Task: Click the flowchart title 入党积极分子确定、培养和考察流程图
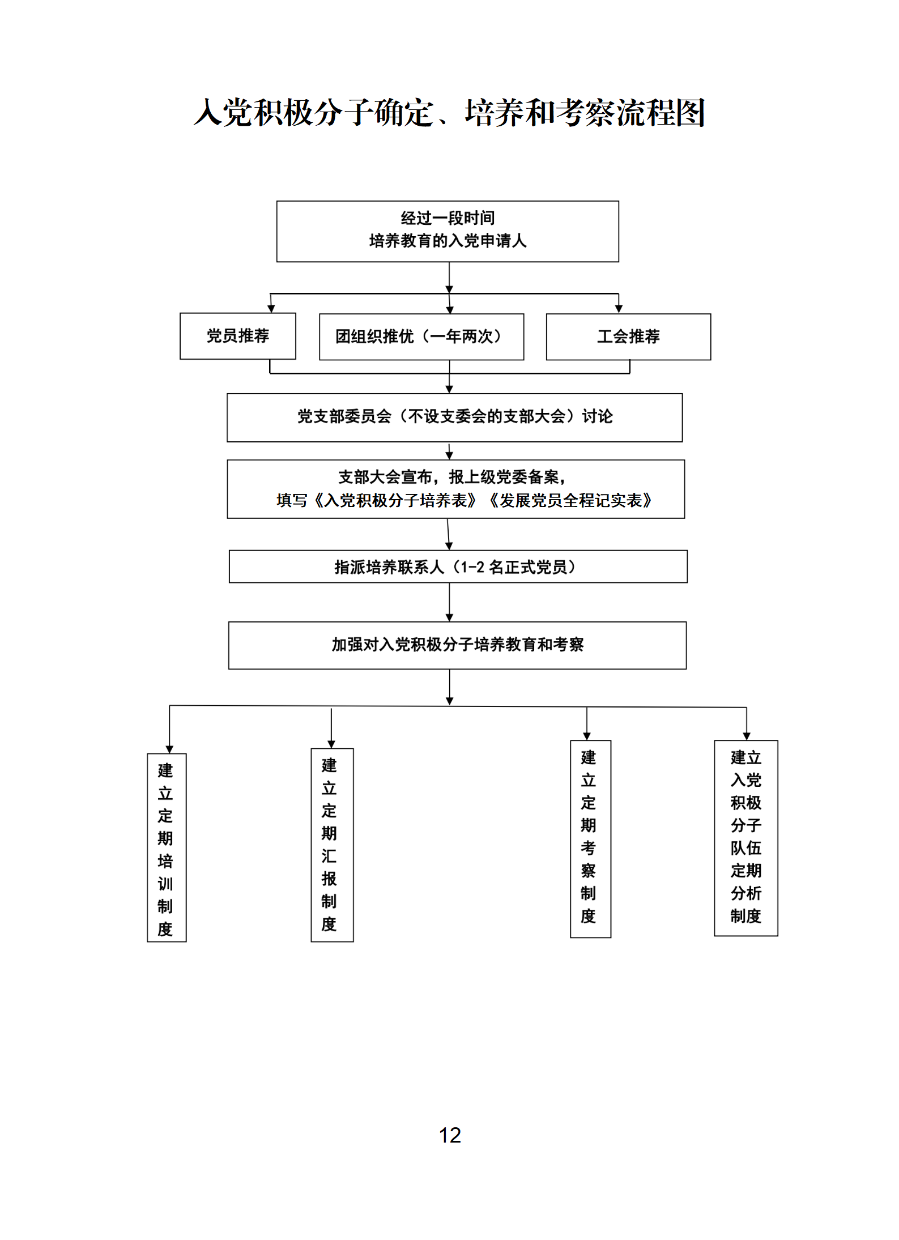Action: tap(449, 112)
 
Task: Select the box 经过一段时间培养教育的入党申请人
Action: tap(448, 231)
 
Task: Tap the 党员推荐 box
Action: tap(237, 336)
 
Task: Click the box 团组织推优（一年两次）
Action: tap(421, 336)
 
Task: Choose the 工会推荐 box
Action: tap(628, 336)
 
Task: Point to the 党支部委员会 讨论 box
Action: tap(454, 417)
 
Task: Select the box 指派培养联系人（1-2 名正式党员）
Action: tap(458, 566)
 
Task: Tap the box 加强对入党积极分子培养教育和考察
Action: tap(457, 645)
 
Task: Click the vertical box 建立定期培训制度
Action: tap(166, 847)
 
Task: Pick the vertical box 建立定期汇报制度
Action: tap(331, 844)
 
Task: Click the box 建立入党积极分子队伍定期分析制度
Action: tap(745, 837)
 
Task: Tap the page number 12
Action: tap(450, 1135)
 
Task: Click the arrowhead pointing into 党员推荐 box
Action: tap(271, 308)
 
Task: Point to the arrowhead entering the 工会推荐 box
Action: tap(619, 309)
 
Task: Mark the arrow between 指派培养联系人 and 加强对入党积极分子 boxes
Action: tap(449, 603)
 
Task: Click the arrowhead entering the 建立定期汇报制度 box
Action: tap(331, 744)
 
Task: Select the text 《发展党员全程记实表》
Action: tap(570, 501)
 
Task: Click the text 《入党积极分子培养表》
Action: tap(394, 501)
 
